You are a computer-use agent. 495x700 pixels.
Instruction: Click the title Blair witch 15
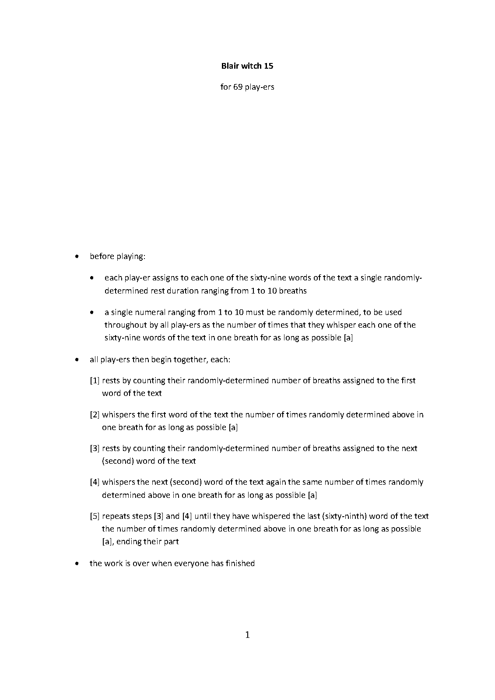pos(247,66)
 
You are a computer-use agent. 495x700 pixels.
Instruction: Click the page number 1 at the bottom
pos(247,635)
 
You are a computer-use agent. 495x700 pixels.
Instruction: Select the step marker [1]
pos(95,381)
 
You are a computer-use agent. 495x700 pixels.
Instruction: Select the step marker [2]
pos(95,415)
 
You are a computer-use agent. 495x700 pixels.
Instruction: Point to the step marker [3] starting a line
pos(95,448)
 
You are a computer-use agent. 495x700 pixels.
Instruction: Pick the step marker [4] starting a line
pos(95,482)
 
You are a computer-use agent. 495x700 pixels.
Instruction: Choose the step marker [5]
pos(95,516)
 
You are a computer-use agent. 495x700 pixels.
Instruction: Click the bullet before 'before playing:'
pos(77,257)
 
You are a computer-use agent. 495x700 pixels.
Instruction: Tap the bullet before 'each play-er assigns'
pos(91,278)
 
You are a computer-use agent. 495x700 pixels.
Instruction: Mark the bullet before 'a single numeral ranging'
pos(91,313)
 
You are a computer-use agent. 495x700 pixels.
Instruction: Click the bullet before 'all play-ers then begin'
pos(77,360)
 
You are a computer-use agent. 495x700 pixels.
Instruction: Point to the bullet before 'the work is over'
pos(77,564)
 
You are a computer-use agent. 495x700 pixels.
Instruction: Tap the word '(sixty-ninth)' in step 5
pos(344,516)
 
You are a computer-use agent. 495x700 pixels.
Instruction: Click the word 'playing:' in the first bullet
pos(131,257)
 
